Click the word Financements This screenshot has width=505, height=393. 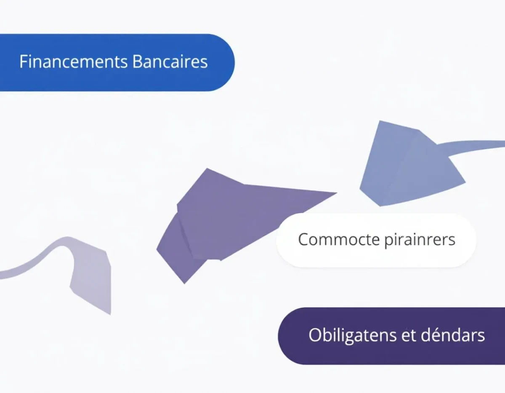(74, 61)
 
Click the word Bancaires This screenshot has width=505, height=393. (170, 61)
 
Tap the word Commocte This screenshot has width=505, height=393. (339, 239)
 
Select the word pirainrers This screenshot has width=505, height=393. (420, 240)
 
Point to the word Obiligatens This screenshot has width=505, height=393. (352, 336)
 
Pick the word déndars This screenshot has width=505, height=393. (453, 335)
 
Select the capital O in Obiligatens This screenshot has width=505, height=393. (315, 335)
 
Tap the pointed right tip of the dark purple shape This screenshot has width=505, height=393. (337, 193)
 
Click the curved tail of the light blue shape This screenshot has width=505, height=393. (474, 145)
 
